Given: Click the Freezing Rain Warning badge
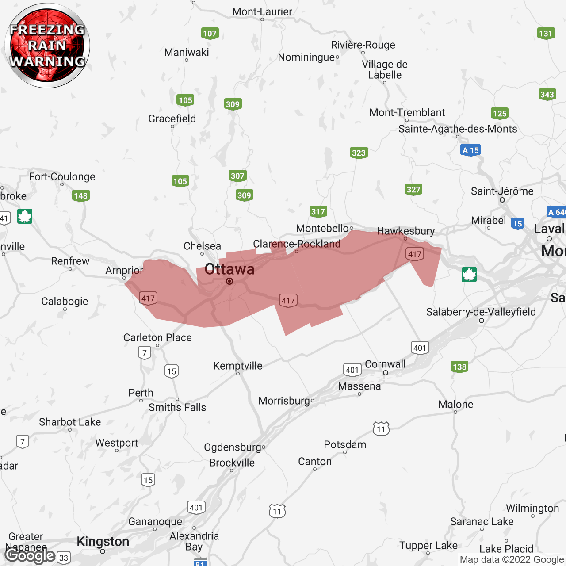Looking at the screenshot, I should click(47, 46).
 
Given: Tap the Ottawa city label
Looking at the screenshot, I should click(229, 269).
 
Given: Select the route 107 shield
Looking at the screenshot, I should click(210, 34).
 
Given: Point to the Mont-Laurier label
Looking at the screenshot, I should click(262, 12).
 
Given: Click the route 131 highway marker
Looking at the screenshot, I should click(546, 34).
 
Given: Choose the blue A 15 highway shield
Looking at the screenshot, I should click(470, 150).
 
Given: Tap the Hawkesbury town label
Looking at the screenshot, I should click(405, 231).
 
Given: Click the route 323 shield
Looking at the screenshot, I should click(359, 153).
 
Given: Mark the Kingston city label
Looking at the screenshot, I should click(103, 541).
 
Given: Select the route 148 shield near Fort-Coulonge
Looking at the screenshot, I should click(80, 196).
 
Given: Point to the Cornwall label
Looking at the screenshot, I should click(385, 364).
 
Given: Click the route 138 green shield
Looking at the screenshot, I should click(459, 367).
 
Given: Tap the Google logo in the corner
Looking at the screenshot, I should click(30, 555).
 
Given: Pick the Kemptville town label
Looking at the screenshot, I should click(238, 366).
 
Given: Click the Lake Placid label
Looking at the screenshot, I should click(506, 549).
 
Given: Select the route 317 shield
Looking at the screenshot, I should click(318, 212).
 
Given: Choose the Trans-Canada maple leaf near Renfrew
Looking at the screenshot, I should click(25, 216).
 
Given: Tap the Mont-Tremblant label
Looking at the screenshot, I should click(407, 113).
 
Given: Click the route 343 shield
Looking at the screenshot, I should click(547, 95).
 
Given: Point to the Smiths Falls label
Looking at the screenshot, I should click(177, 407).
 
